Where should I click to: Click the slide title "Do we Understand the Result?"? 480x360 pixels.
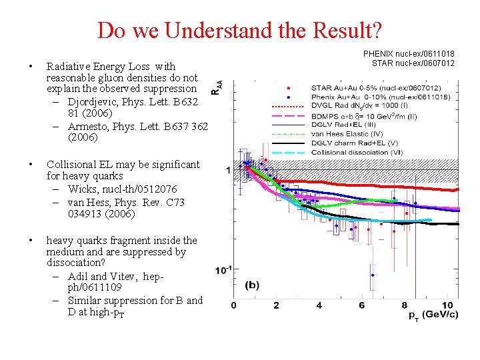pos(240,31)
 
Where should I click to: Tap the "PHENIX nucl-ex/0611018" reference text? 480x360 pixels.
pos(409,53)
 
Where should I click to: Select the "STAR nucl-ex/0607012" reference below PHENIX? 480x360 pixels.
pos(413,63)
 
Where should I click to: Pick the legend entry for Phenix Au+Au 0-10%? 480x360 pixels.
pos(381,97)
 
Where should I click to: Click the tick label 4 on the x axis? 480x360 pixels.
pos(319,305)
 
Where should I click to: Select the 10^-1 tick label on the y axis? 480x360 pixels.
pos(223,270)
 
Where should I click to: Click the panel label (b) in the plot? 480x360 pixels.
pos(253,285)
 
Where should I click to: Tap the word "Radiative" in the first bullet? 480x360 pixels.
pos(67,67)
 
